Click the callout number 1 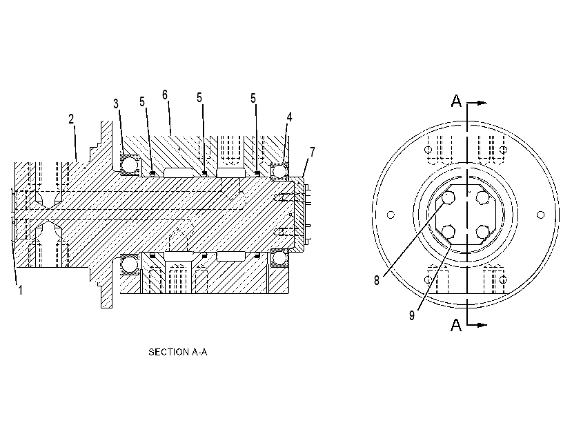tap(21, 290)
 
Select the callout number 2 tap(72, 119)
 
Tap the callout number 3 tap(116, 104)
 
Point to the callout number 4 tap(289, 117)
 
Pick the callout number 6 tap(165, 95)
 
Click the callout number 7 tap(313, 151)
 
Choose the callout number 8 tap(377, 280)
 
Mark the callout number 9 tap(412, 315)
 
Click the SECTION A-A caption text tap(177, 352)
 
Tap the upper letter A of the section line tap(456, 101)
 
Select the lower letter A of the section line tap(456, 324)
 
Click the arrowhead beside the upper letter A tap(482, 103)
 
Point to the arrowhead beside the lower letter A tap(482, 325)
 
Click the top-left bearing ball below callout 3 tap(130, 165)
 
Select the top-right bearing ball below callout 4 tap(280, 170)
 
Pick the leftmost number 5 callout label tap(142, 102)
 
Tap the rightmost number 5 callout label tap(253, 98)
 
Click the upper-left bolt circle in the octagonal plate tap(448, 198)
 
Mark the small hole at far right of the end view tap(541, 215)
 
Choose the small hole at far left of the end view tap(391, 215)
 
